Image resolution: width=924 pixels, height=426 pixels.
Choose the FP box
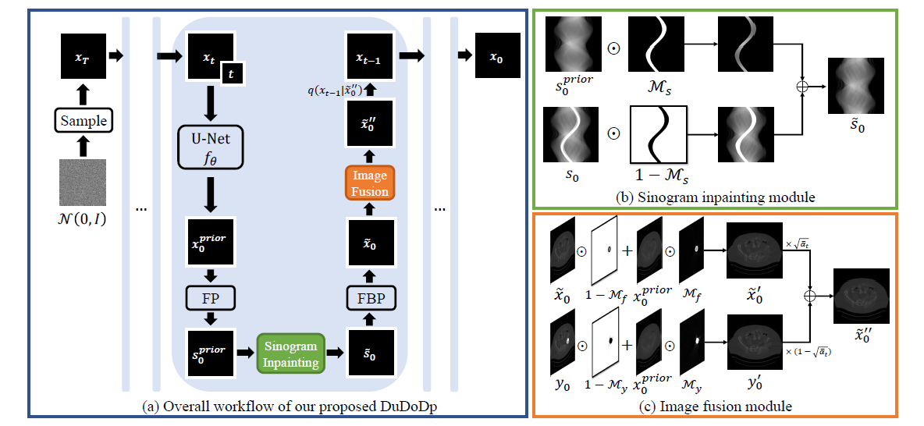point(211,298)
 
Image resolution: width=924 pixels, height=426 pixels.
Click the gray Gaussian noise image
point(82,183)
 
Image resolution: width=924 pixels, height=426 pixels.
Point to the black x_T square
point(82,56)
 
